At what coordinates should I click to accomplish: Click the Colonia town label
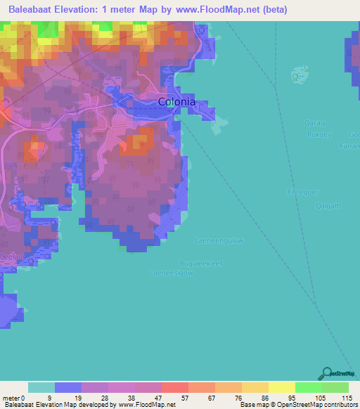(176, 101)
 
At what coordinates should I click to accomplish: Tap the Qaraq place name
(313, 123)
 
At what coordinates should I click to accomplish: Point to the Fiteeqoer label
(303, 190)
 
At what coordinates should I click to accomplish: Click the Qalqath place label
(328, 205)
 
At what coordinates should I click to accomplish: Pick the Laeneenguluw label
(219, 240)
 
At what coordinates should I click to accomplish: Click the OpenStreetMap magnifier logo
(326, 374)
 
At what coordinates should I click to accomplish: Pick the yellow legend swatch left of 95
(281, 387)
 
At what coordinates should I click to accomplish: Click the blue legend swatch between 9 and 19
(68, 387)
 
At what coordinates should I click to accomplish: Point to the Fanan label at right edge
(353, 146)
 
